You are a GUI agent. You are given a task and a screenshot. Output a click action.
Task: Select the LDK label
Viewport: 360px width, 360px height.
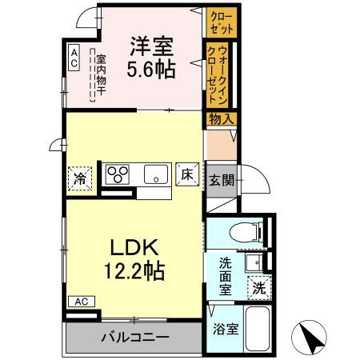(x=134, y=246)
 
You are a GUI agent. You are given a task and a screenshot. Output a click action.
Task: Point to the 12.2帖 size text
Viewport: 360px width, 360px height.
(x=134, y=271)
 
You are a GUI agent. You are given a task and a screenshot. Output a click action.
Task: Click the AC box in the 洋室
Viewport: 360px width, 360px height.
(x=73, y=55)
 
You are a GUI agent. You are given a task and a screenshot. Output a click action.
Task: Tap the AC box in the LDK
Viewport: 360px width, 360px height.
(x=82, y=302)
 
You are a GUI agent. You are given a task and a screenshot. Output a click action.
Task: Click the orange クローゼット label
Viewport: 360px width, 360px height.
(x=218, y=20)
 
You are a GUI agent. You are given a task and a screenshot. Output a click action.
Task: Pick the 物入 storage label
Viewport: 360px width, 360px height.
(x=221, y=119)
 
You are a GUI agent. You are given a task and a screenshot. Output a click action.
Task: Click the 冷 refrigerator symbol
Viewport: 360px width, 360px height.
(x=80, y=177)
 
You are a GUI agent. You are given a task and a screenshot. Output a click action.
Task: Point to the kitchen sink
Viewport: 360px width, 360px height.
(x=155, y=174)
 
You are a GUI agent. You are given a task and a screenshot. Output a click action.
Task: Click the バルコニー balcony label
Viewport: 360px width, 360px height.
(x=134, y=337)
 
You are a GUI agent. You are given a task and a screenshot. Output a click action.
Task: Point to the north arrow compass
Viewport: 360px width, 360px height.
(x=313, y=337)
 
